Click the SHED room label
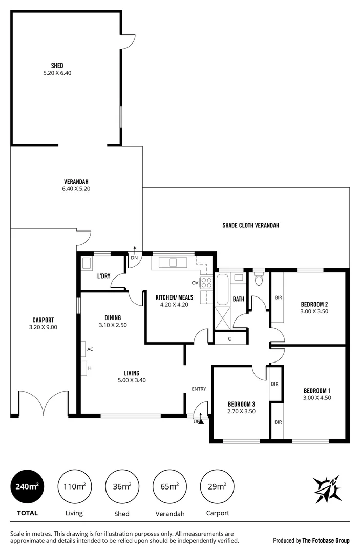(x=57, y=66)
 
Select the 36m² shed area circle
(x=121, y=486)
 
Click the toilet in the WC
(x=259, y=281)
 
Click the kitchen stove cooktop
(x=206, y=283)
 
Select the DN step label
(x=134, y=258)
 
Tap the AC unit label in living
(x=90, y=349)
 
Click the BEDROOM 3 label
(x=241, y=404)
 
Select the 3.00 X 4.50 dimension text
(x=315, y=397)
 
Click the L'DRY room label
(x=104, y=276)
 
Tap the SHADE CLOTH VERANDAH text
(x=250, y=225)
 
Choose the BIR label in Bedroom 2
(x=278, y=297)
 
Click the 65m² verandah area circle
(x=169, y=486)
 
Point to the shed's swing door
(x=128, y=39)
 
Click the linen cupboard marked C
(x=230, y=338)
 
